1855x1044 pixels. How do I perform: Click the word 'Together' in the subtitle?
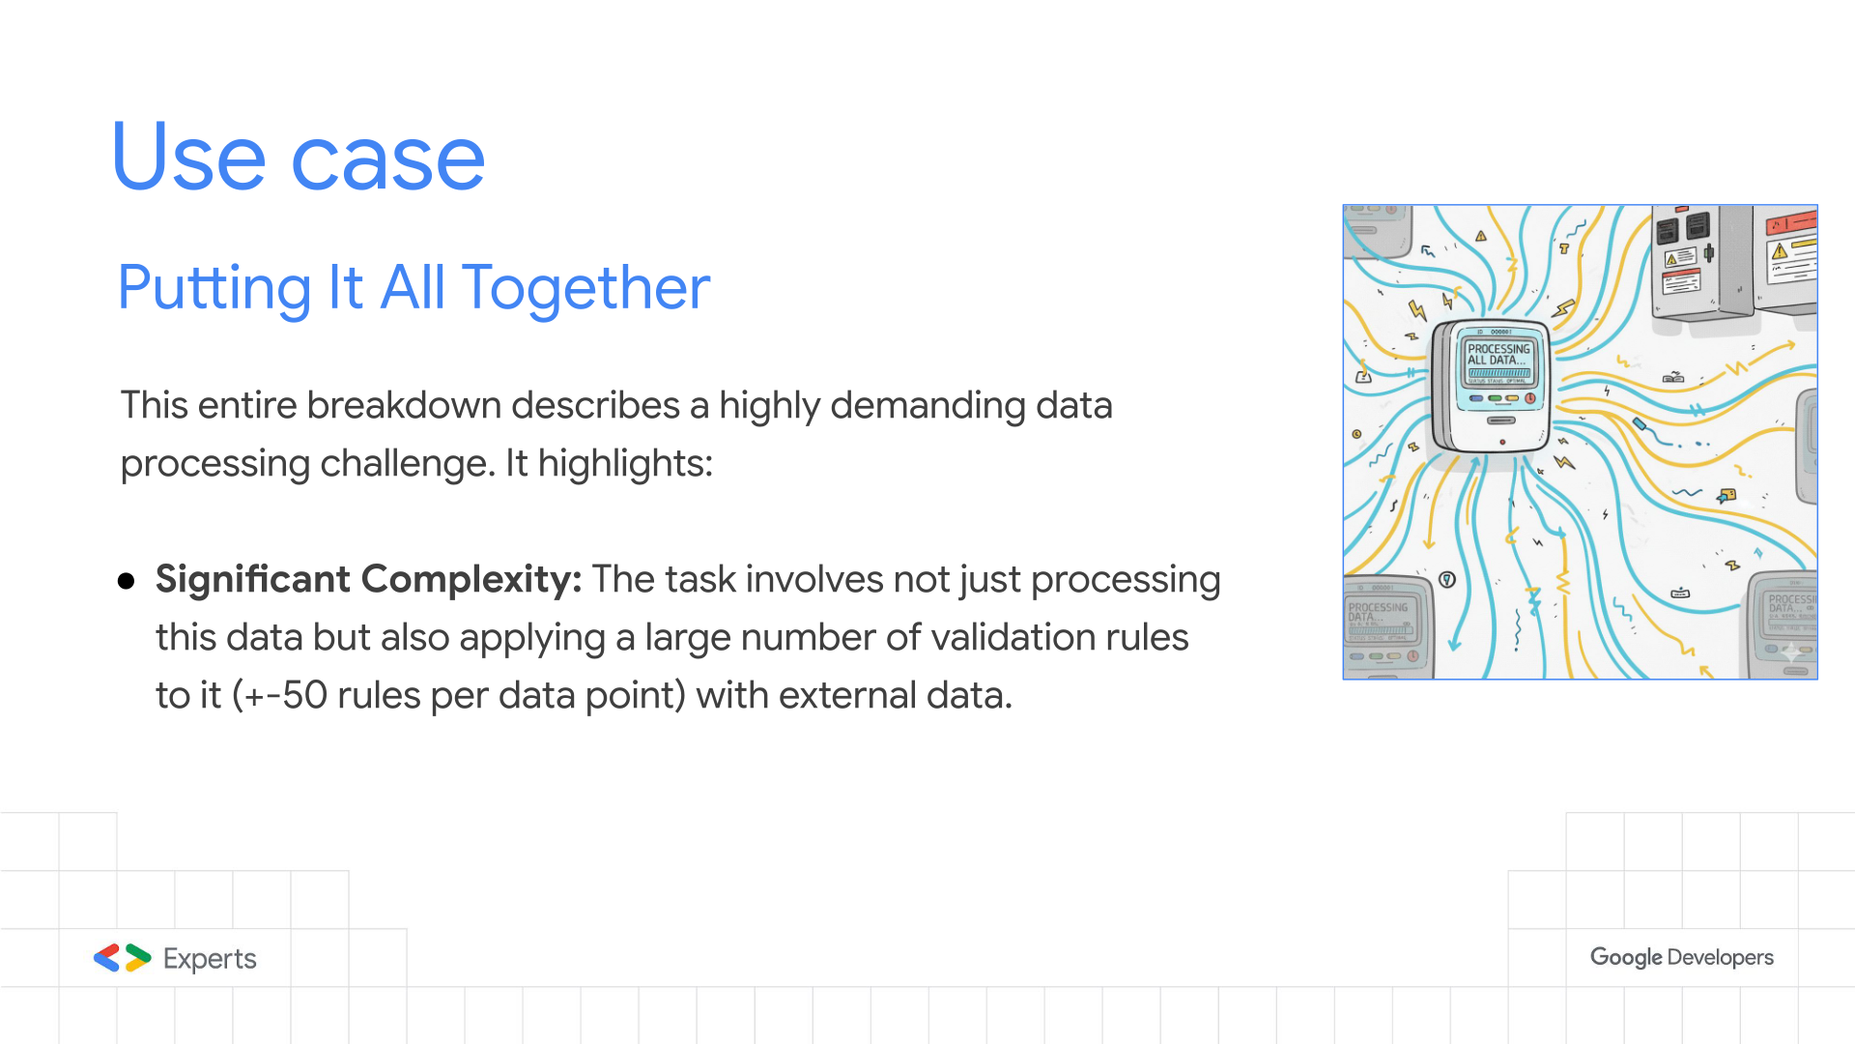click(x=585, y=288)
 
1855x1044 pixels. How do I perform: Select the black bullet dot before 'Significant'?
click(x=126, y=580)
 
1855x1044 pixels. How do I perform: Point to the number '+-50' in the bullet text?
click(x=286, y=696)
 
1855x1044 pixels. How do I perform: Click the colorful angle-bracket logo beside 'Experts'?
click(x=123, y=958)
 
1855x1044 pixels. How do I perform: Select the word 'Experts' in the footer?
click(x=210, y=959)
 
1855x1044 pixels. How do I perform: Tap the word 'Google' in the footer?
click(x=1626, y=957)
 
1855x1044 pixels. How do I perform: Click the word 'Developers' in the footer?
click(x=1721, y=958)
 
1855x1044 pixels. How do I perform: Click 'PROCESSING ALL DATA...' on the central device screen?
click(x=1498, y=355)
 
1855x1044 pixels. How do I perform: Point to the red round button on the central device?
click(x=1530, y=398)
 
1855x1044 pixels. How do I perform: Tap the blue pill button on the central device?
click(x=1476, y=398)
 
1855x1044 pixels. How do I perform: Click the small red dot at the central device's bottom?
click(x=1502, y=442)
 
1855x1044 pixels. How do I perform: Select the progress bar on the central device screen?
click(x=1499, y=373)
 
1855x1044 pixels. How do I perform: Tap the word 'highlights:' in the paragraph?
click(x=625, y=464)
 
